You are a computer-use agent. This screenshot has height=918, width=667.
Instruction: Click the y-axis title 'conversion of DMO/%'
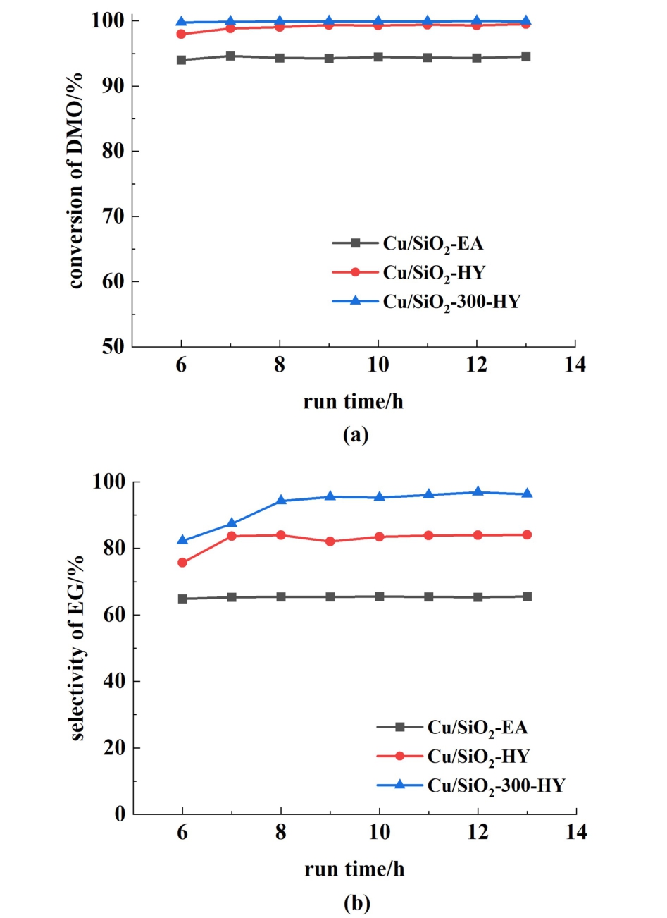[75, 180]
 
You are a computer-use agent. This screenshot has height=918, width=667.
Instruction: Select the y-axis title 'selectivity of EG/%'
[77, 648]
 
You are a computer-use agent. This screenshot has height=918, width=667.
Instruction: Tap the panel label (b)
[356, 902]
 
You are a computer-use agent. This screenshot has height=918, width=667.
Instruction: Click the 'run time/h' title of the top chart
[354, 402]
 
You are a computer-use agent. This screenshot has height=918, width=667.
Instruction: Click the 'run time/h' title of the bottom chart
[354, 869]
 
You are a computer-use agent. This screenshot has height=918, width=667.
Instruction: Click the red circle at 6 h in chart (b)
[182, 563]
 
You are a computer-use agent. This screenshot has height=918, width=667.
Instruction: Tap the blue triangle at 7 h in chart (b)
[232, 523]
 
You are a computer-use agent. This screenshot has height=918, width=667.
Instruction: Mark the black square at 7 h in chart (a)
[230, 56]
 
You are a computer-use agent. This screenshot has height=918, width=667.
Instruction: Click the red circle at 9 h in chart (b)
[330, 541]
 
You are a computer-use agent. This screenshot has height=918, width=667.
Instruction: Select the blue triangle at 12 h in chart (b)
[478, 492]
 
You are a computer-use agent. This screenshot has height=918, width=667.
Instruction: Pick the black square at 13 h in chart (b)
[527, 596]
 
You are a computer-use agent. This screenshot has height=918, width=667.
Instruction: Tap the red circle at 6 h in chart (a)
[181, 34]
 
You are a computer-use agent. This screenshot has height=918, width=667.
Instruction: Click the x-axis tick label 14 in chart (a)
[575, 365]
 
